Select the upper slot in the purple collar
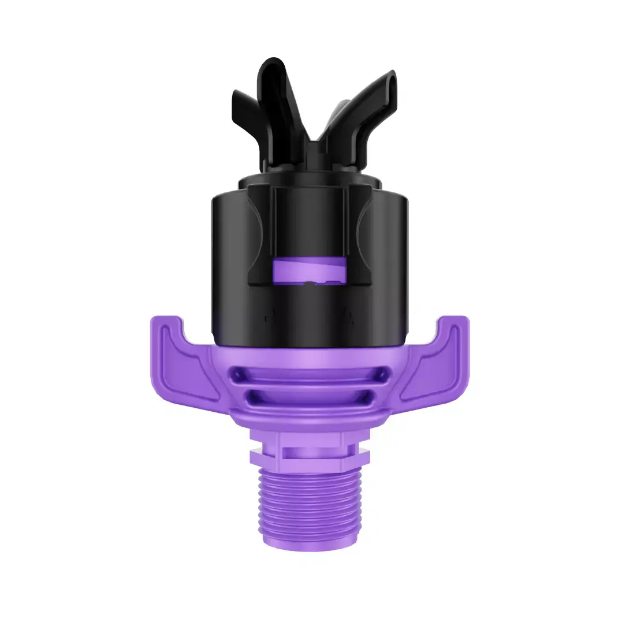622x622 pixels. pos(311,375)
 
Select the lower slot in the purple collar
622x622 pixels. pos(311,397)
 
